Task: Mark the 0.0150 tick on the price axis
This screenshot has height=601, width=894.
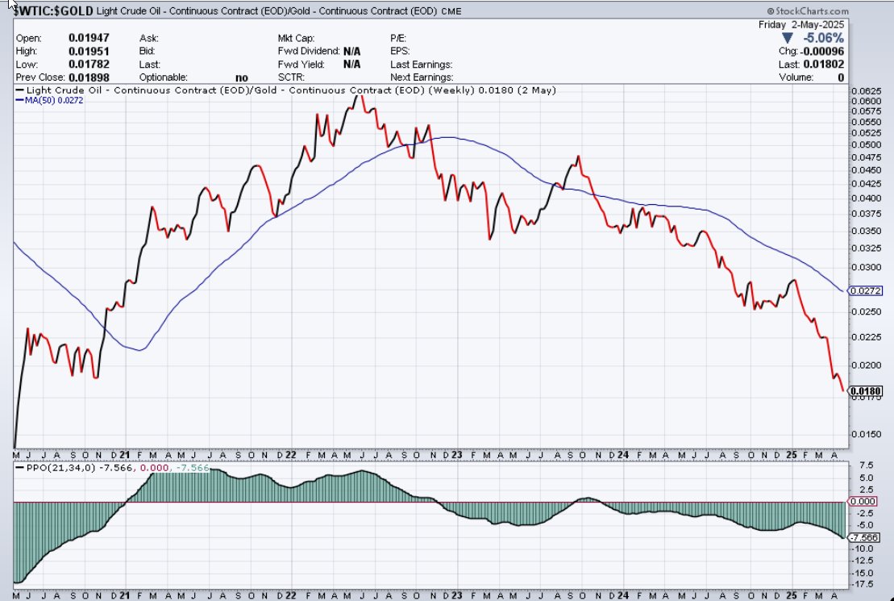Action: tap(864, 433)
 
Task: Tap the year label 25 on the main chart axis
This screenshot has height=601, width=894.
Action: tap(793, 454)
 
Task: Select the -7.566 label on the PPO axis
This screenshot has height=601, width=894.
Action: tap(866, 536)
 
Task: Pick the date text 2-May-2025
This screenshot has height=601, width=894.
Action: tap(818, 24)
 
